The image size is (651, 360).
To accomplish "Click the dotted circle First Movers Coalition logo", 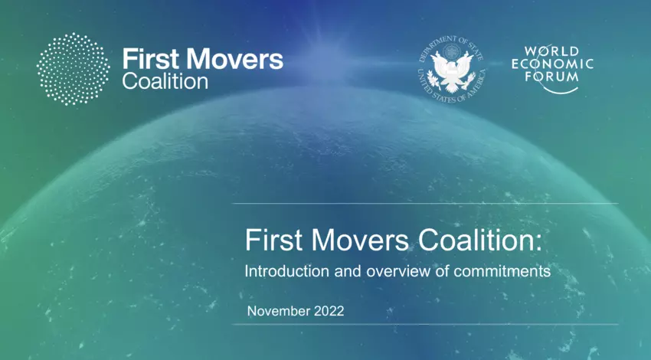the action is click(73, 69).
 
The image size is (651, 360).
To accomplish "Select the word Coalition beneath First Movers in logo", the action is click(165, 81).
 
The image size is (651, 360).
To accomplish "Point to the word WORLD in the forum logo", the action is click(551, 51).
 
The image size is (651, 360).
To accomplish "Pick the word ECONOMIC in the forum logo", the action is click(552, 64).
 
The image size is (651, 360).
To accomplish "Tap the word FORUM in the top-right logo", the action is click(551, 77).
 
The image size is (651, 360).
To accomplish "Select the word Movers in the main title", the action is click(360, 240).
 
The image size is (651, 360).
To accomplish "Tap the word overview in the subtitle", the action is click(398, 271).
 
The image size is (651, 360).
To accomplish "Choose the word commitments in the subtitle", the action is click(502, 271).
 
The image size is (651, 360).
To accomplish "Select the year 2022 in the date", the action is click(329, 311).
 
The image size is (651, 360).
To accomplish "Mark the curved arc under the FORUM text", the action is click(560, 90).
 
